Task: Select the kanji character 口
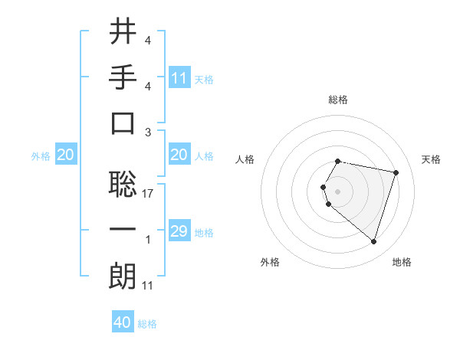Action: (123, 123)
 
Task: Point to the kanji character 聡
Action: (123, 184)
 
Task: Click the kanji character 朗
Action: (123, 276)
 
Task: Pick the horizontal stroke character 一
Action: (123, 231)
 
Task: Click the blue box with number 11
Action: (179, 78)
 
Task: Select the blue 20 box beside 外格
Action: (65, 155)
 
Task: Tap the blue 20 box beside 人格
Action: (179, 155)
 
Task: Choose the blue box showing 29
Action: (179, 232)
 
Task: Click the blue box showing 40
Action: (123, 322)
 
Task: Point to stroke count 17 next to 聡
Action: (148, 194)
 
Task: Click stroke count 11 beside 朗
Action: (148, 286)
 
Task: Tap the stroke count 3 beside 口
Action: (148, 133)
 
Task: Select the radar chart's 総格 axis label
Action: (338, 100)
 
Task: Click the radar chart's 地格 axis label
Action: (402, 262)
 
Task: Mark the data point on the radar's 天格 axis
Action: (396, 172)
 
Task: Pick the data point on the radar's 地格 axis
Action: (373, 242)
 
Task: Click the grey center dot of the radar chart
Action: (338, 191)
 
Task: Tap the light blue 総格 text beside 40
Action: (147, 324)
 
